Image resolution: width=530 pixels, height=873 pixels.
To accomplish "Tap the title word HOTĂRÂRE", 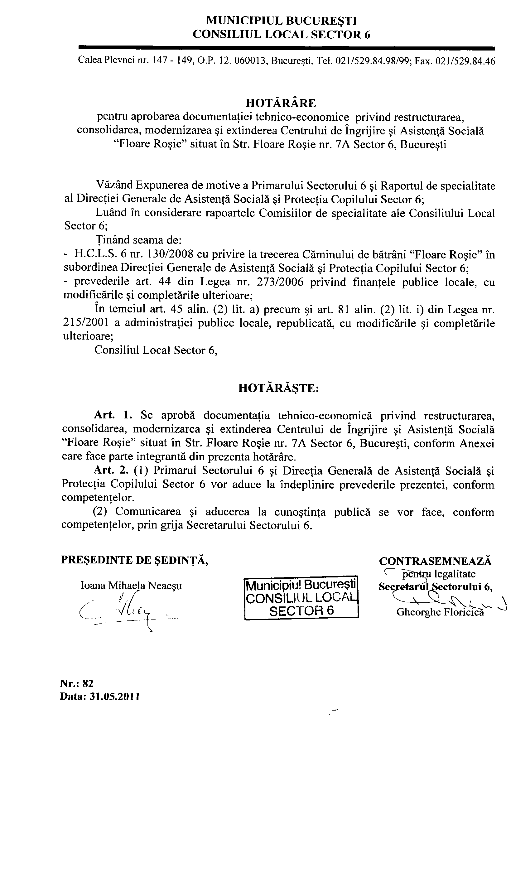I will (281, 103).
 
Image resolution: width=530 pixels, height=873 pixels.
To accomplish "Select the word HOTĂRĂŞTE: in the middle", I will (278, 388).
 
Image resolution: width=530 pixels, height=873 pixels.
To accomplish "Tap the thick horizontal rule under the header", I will (286, 47).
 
